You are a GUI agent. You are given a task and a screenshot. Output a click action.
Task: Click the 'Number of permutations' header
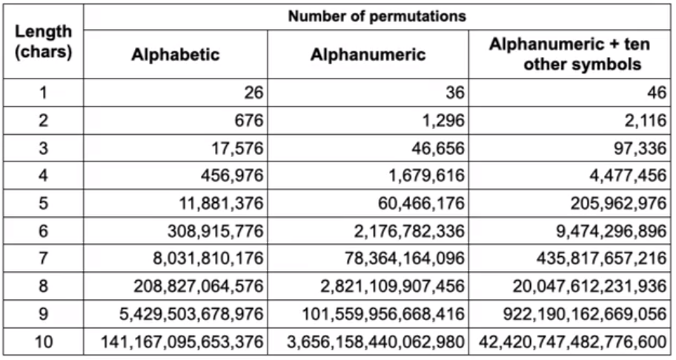point(377,16)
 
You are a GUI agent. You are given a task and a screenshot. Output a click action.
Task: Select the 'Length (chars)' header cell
point(43,41)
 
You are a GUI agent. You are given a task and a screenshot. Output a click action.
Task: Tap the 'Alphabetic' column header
point(176,55)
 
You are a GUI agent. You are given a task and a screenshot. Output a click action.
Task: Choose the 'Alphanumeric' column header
point(368,55)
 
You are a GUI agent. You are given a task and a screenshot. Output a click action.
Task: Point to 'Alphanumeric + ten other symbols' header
point(569,54)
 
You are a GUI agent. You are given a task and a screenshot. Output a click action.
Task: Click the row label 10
point(44,342)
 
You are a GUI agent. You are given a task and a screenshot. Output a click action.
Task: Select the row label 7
point(44,259)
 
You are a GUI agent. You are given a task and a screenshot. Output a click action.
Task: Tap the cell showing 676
point(249,120)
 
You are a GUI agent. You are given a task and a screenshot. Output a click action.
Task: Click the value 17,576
point(237,148)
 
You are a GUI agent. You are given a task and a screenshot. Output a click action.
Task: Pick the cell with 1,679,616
point(427,176)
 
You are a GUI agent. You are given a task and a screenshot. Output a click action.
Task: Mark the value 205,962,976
point(619,203)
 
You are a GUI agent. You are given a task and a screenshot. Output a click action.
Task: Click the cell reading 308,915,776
point(215,231)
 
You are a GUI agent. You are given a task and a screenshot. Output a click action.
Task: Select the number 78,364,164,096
point(405,259)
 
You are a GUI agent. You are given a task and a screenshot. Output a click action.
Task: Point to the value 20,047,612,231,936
point(589,287)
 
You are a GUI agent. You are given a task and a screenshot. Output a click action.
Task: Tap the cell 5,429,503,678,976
point(191,314)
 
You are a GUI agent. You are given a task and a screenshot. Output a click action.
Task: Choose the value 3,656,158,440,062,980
point(376,342)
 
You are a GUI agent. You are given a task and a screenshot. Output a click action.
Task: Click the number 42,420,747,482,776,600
point(572,342)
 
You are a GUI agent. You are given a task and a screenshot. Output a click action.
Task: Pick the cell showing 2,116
point(646,120)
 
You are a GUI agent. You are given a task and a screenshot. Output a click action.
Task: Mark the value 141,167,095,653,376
point(182,342)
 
